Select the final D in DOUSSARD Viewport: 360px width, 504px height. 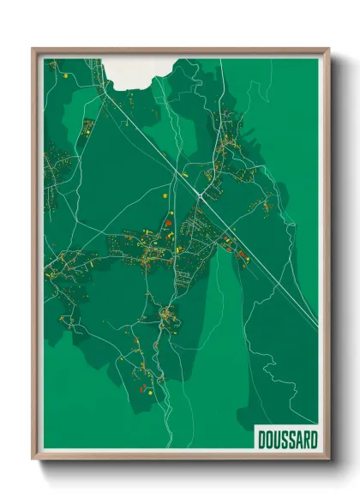coord(314,441)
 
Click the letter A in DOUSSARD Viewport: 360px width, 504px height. coord(299,441)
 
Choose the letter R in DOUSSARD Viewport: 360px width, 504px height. coord(306,441)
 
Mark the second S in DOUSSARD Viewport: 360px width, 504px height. coord(292,441)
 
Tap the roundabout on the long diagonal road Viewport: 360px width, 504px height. coord(199,195)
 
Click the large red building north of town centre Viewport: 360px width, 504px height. coord(169,224)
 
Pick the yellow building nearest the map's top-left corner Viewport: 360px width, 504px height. coord(66,76)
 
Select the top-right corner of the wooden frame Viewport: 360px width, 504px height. coord(329,49)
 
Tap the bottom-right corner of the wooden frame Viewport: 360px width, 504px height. coord(329,461)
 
